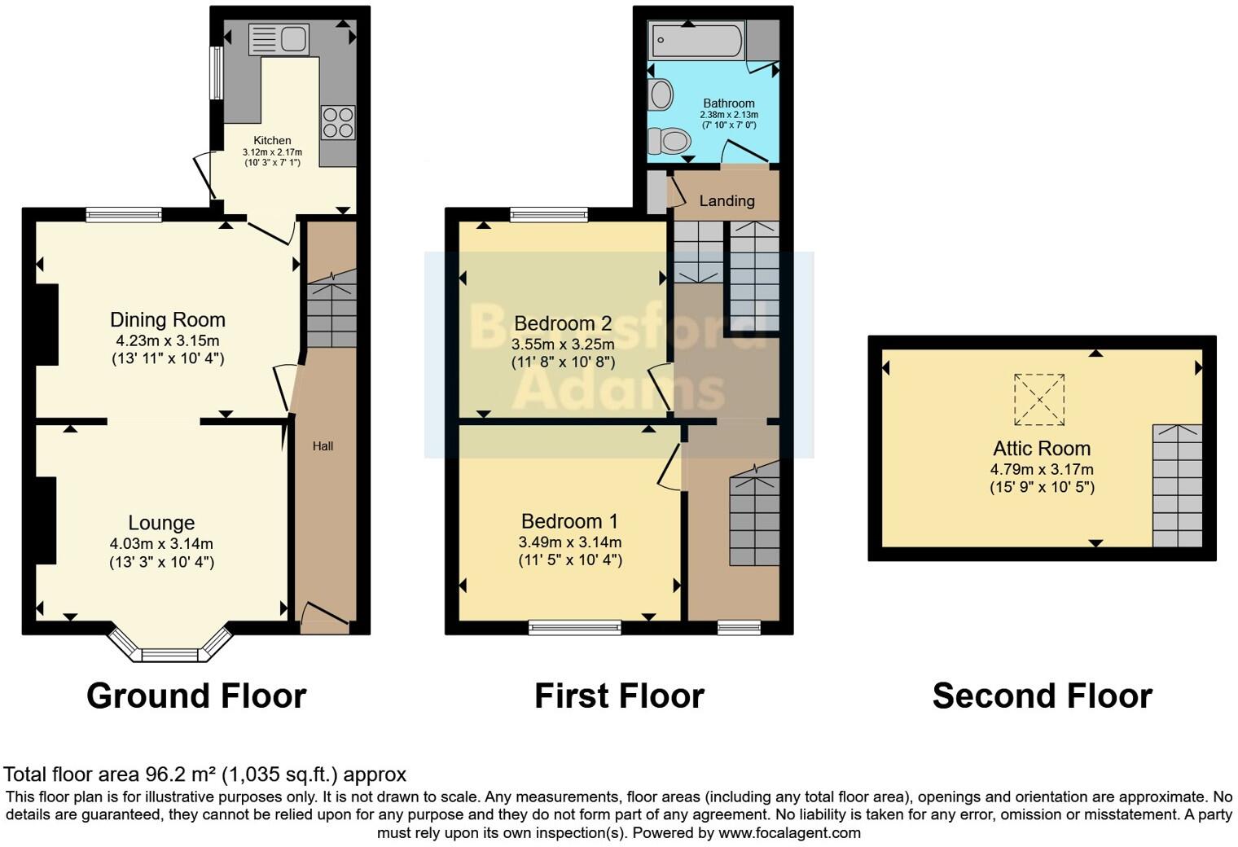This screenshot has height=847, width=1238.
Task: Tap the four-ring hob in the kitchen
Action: click(x=338, y=123)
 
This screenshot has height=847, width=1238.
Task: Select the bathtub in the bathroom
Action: click(x=696, y=42)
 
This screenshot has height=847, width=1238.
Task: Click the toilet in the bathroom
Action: click(x=669, y=142)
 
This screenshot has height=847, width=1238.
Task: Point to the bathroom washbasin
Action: click(x=661, y=94)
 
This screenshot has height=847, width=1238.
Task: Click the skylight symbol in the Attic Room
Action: click(x=1039, y=399)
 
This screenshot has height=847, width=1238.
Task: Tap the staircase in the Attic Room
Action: click(x=1177, y=485)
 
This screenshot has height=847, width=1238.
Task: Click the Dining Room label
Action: click(x=168, y=320)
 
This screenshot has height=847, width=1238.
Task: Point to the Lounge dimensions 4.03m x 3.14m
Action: click(x=161, y=543)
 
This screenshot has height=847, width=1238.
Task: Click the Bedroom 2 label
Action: click(x=563, y=324)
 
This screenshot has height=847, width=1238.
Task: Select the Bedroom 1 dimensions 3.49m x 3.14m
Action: click(x=569, y=542)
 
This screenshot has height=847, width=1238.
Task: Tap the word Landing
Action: click(x=727, y=201)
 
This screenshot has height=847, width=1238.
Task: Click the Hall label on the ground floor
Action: click(x=323, y=446)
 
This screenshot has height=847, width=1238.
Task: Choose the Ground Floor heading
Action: click(x=196, y=696)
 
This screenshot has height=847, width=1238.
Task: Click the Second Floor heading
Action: click(x=1042, y=696)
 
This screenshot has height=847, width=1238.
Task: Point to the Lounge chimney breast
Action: click(x=46, y=520)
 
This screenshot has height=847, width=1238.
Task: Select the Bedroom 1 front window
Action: click(x=574, y=626)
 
